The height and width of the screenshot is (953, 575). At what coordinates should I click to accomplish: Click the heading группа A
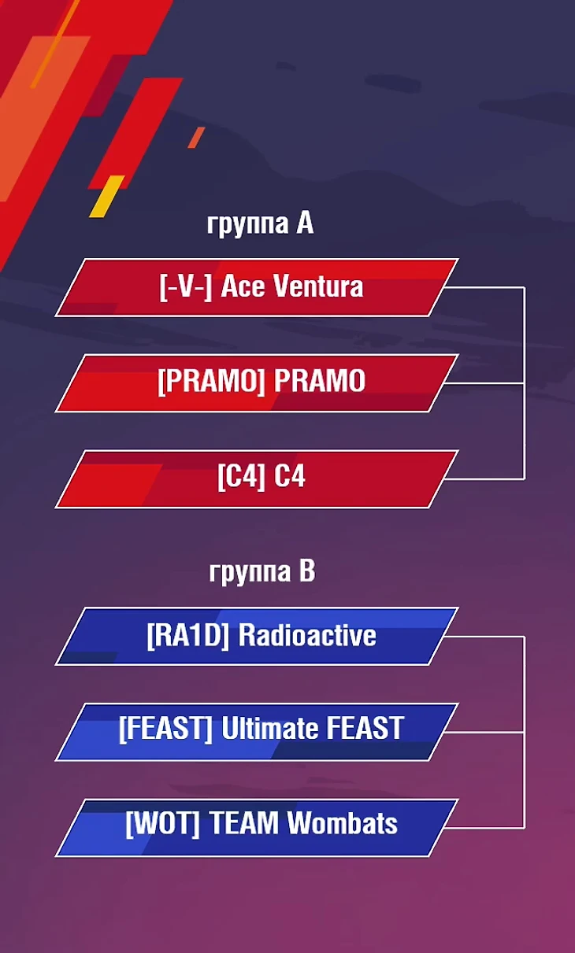click(x=260, y=224)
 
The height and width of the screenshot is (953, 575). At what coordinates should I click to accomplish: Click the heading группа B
click(x=262, y=571)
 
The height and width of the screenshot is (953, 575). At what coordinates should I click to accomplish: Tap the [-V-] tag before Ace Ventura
click(x=186, y=286)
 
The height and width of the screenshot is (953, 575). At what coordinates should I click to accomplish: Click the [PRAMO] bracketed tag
click(x=211, y=381)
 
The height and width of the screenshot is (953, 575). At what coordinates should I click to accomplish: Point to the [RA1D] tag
click(x=187, y=636)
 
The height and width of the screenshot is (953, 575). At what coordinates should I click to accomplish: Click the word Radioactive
click(x=307, y=635)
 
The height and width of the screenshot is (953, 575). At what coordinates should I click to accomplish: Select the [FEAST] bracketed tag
click(x=165, y=729)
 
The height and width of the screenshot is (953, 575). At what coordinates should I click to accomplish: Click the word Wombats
click(x=342, y=823)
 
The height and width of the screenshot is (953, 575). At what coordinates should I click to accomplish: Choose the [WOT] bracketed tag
click(x=163, y=824)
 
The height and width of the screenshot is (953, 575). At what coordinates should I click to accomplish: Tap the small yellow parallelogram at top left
click(x=107, y=197)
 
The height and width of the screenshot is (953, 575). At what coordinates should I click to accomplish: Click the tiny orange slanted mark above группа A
click(x=196, y=138)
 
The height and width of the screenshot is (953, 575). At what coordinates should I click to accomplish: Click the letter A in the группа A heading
click(x=305, y=223)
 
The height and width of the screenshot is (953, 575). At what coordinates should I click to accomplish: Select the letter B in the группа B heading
click(x=306, y=571)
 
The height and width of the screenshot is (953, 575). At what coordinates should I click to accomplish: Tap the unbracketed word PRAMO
click(x=320, y=381)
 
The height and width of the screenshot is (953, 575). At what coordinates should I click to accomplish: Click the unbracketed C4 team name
click(x=290, y=476)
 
